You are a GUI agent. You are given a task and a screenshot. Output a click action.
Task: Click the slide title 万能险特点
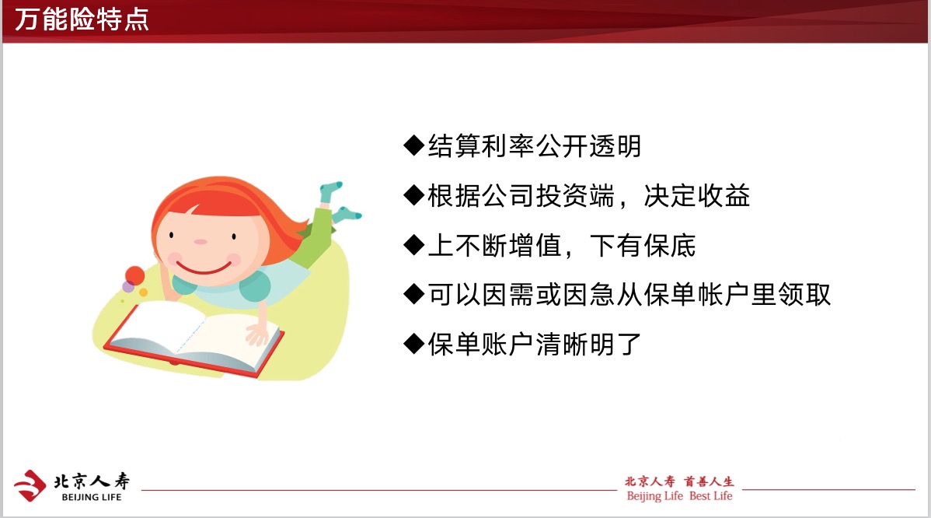pyautogui.click(x=82, y=19)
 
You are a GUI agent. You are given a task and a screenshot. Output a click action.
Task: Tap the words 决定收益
pyautogui.click(x=696, y=195)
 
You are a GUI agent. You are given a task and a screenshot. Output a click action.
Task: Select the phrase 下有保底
pyautogui.click(x=642, y=245)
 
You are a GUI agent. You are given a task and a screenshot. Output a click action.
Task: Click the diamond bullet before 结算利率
pyautogui.click(x=414, y=145)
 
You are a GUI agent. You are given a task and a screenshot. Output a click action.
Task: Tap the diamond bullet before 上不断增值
pyautogui.click(x=414, y=245)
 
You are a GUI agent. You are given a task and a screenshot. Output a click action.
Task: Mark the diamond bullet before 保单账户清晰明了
pyautogui.click(x=414, y=344)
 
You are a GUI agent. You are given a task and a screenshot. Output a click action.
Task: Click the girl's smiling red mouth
pyautogui.click(x=204, y=268)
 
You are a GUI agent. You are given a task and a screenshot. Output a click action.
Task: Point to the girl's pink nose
pyautogui.click(x=200, y=242)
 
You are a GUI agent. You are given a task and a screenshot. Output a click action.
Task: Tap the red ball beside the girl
pyautogui.click(x=134, y=275)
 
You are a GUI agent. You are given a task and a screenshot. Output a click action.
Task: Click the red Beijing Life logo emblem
pyautogui.click(x=30, y=485)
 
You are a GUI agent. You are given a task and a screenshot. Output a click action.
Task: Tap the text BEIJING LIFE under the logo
pyautogui.click(x=92, y=497)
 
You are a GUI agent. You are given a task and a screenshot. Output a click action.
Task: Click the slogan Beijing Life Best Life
pyautogui.click(x=679, y=496)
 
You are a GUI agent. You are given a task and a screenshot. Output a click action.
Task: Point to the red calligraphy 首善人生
pyautogui.click(x=709, y=481)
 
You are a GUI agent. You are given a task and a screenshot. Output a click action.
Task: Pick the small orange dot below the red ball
pyautogui.click(x=143, y=292)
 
